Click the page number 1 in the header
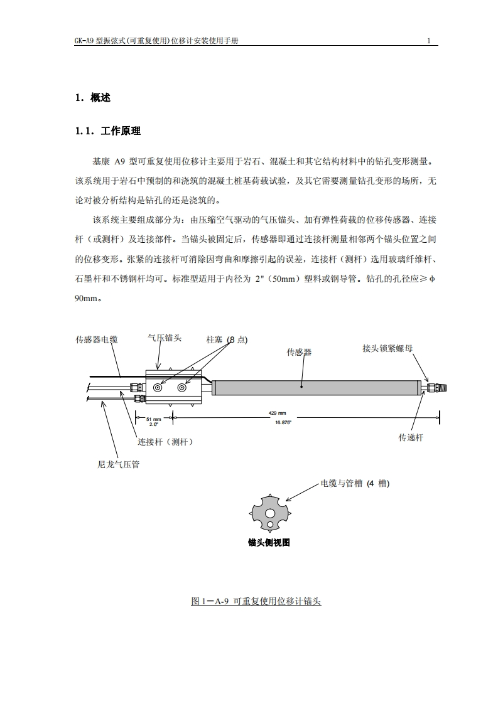[x=428, y=41]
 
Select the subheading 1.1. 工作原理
[x=107, y=131]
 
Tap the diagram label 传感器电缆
[x=97, y=340]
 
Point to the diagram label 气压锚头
[x=165, y=338]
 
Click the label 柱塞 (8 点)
[x=227, y=339]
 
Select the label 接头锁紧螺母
[x=387, y=348]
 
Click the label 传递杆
[x=411, y=437]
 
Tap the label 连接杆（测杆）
[x=165, y=442]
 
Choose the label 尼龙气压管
[x=119, y=465]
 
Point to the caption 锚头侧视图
[x=269, y=543]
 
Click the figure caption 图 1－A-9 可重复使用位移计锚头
[x=256, y=601]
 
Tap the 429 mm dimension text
[x=278, y=413]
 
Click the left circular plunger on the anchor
[x=158, y=388]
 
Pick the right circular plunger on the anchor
[x=182, y=388]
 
